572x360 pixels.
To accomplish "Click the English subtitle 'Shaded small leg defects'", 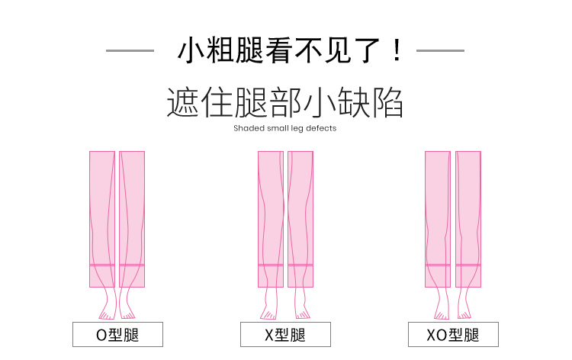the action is [285, 128].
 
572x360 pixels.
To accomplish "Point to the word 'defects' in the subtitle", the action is [321, 128].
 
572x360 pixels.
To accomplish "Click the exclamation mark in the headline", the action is [397, 50].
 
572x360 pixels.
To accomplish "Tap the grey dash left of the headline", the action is [130, 50].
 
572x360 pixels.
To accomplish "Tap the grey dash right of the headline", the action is [440, 50].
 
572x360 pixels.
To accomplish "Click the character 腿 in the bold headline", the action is [249, 50].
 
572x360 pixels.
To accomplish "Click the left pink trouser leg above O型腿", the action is [102, 219].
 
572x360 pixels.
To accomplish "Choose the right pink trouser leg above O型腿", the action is [132, 219].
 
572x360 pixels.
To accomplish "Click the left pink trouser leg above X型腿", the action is [271, 219].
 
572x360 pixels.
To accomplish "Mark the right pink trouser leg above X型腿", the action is [300, 219].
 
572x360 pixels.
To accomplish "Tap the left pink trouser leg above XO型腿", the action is [438, 219].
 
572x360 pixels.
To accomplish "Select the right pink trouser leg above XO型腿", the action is [468, 219].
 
